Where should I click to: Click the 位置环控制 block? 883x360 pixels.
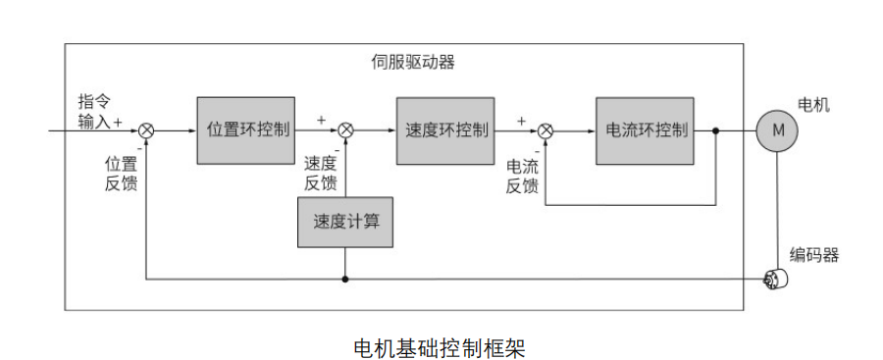[x=245, y=129]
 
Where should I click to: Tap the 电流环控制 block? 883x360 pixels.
[x=645, y=129]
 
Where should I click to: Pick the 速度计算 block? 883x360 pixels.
[x=345, y=222]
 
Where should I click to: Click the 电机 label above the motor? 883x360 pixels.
[x=813, y=104]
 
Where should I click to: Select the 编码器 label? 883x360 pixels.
[x=814, y=256]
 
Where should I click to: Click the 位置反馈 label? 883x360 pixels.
[x=121, y=174]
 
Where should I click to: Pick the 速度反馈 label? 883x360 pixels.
[x=321, y=174]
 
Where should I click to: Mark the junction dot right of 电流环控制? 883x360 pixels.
[x=716, y=130]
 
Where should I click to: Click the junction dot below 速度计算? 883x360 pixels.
[x=345, y=279]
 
